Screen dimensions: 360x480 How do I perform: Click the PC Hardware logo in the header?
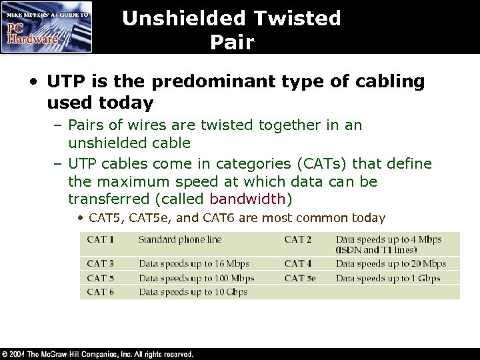tap(47, 27)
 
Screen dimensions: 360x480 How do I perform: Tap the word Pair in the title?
tap(231, 43)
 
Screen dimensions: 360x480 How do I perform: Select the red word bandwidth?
tap(247, 199)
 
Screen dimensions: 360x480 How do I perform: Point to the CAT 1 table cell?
tap(100, 239)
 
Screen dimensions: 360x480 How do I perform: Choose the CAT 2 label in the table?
tap(299, 239)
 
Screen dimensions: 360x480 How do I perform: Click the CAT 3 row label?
tap(100, 264)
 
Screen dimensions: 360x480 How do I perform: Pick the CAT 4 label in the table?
tap(299, 264)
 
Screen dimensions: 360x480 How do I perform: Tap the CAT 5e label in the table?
tap(301, 278)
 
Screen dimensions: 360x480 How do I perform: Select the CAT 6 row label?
tap(100, 292)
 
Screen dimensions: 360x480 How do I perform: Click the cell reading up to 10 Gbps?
tap(193, 292)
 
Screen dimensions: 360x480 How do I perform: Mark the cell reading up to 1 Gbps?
tap(387, 278)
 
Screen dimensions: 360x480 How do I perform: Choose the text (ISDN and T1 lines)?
tap(377, 249)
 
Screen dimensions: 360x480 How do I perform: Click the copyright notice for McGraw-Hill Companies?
tap(98, 354)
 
